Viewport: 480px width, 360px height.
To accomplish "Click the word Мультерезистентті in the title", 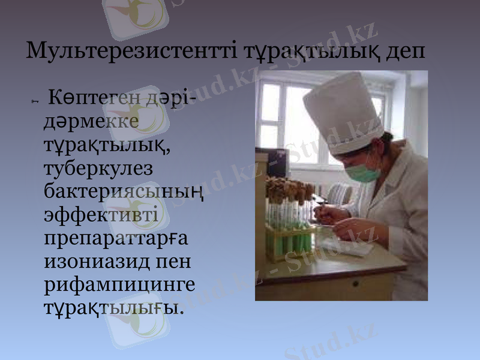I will tap(131, 51).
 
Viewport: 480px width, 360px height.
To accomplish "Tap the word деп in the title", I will tap(404, 51).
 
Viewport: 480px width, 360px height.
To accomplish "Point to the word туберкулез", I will tap(98, 169).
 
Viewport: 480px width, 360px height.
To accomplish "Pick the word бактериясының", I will tap(124, 192).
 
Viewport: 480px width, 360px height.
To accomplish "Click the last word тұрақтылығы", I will tap(112, 310).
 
